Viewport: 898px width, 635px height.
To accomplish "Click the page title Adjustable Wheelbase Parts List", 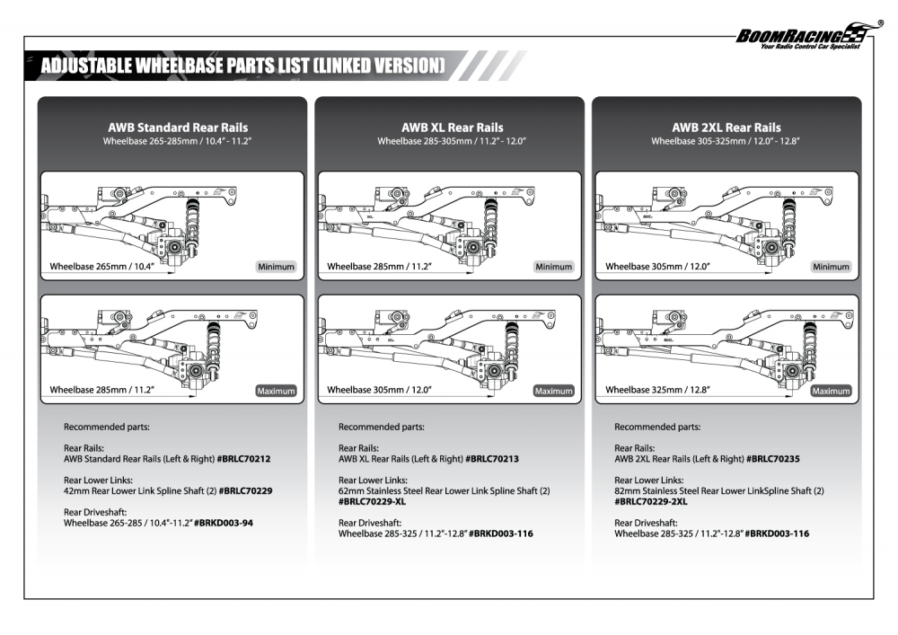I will pyautogui.click(x=242, y=66).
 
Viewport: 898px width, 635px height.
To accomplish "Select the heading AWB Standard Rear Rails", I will pyautogui.click(x=178, y=128).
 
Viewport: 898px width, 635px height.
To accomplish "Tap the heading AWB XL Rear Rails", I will pyautogui.click(x=453, y=128).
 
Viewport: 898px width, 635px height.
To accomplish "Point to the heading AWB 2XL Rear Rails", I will pyautogui.click(x=726, y=128).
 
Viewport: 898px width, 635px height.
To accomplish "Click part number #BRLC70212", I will pyautogui.click(x=243, y=459).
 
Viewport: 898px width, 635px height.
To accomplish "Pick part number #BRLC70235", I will pyautogui.click(x=772, y=459).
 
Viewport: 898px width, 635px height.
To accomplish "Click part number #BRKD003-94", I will pyautogui.click(x=224, y=523).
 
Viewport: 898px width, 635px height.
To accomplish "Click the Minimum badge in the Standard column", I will pyautogui.click(x=275, y=267).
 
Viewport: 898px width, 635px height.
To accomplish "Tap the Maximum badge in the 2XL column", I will pyautogui.click(x=831, y=391).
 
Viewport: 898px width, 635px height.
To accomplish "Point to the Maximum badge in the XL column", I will pyautogui.click(x=553, y=391).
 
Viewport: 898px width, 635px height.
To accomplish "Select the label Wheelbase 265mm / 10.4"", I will pyautogui.click(x=101, y=267).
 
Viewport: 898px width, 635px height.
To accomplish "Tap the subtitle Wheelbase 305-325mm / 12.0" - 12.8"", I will pyautogui.click(x=726, y=141).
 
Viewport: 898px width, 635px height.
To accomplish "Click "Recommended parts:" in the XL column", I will pyautogui.click(x=381, y=428).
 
